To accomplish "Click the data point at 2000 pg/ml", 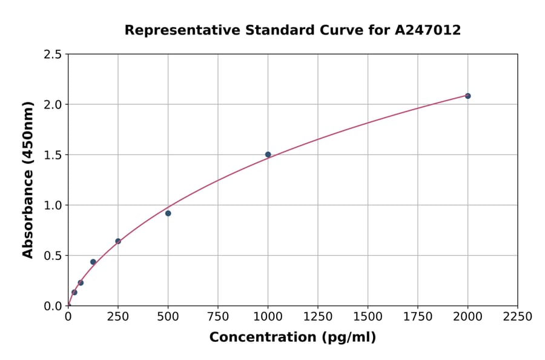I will pos(467,96).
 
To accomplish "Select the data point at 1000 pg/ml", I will pos(268,155).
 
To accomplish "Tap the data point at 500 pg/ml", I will pos(168,213).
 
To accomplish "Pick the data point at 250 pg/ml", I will pos(118,241).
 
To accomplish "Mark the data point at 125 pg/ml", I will pos(93,262).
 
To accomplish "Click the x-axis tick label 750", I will pos(218,317).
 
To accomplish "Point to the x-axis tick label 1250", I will pos(318,317).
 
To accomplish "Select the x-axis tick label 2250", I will pos(518,317).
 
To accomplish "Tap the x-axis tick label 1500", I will pos(368,317).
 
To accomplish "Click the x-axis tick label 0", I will pos(68,317).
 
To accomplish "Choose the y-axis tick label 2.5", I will pos(53,55).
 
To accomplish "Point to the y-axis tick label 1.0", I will pos(53,205).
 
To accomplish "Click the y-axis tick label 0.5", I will pos(53,256).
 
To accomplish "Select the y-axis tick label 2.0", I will pos(53,105).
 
